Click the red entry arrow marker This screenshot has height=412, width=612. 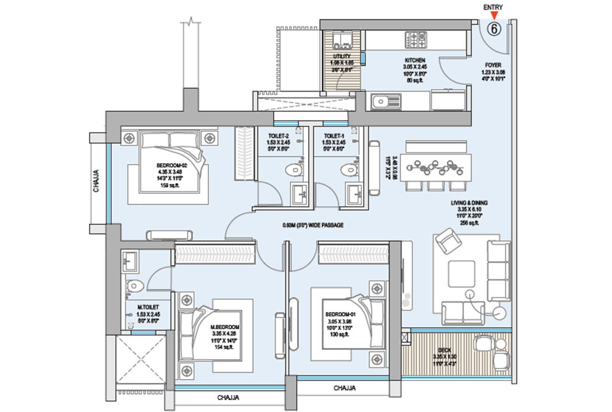493,16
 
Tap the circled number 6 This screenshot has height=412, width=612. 494,29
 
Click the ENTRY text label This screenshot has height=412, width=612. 493,7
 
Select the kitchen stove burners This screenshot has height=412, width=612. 415,40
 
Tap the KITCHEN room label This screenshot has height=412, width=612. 415,60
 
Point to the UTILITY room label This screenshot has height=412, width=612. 342,56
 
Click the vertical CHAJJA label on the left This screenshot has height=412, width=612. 96,181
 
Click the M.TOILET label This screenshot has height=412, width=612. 148,307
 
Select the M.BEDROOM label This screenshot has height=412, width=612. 225,327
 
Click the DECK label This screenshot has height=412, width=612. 445,350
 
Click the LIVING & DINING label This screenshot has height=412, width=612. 469,203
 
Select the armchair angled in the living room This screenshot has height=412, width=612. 449,241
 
